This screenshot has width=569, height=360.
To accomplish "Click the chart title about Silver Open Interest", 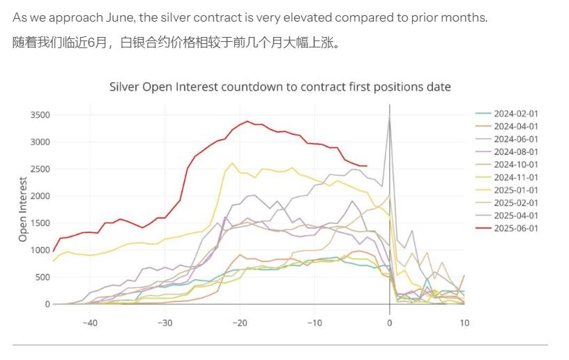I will coord(280,87).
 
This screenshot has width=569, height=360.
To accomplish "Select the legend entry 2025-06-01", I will coord(515,228).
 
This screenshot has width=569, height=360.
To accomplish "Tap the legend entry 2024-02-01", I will coord(515,114).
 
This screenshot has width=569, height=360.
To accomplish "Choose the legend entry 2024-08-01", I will coord(515,152).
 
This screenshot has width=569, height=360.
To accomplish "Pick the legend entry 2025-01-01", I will coord(515,190).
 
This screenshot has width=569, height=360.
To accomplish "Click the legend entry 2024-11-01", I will coord(515,177).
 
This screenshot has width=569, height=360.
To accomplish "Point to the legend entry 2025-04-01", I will coord(515,216).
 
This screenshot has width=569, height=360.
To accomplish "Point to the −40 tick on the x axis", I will coord(89,323).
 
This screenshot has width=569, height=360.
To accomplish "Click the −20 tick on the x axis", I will coord(239,323).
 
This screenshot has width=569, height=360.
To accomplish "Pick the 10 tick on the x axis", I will coord(464,323).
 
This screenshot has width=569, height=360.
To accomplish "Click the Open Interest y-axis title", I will coord(23,209).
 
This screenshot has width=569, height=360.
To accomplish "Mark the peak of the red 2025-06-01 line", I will coord(247,121).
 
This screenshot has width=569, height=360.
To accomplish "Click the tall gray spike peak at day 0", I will coord(389,117).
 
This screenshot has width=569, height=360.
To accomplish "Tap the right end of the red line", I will coord(367,166).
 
